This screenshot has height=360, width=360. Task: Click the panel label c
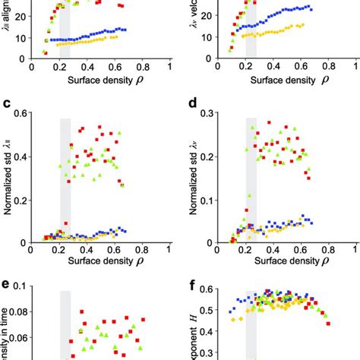pyautogui.click(x=7, y=105)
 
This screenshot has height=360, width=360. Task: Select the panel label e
pyautogui.click(x=7, y=286)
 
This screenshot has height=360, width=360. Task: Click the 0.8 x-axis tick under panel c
pyautogui.click(x=142, y=248)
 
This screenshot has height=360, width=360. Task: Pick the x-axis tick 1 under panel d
pyautogui.click(x=355, y=248)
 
